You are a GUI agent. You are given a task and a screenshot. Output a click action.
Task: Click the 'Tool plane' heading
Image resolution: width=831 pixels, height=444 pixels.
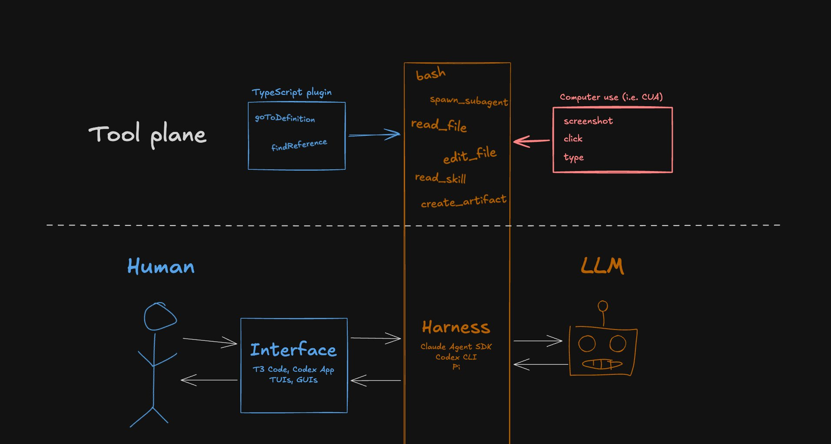147,134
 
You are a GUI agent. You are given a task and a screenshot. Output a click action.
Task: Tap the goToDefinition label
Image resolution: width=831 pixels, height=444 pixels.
285,118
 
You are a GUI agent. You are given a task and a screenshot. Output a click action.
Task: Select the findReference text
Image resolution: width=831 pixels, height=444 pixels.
299,145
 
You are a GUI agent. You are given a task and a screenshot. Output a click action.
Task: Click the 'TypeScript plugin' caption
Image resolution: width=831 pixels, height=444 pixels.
292,92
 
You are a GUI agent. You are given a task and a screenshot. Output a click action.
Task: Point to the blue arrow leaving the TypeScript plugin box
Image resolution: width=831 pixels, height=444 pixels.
374,135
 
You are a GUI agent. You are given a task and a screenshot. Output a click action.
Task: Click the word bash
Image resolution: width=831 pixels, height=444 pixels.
431,74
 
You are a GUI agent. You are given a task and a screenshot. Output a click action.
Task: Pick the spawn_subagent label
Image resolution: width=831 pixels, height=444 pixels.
469,101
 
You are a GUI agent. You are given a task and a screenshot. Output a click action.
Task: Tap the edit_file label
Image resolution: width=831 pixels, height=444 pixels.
470,155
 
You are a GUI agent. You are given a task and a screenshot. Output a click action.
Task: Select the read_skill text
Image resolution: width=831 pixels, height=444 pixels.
440,178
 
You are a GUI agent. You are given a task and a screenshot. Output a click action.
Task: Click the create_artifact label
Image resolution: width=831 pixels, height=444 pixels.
464,201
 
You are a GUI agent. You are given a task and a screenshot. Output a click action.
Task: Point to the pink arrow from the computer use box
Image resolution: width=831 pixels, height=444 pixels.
532,141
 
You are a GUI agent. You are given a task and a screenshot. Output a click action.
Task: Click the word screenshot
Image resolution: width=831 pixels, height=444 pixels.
588,121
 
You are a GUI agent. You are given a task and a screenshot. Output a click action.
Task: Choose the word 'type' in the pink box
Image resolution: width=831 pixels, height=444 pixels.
574,157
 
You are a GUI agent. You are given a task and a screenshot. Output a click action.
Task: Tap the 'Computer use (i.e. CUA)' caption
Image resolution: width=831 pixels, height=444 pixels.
611,97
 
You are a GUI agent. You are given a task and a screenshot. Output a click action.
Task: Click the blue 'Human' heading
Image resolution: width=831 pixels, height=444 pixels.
161,266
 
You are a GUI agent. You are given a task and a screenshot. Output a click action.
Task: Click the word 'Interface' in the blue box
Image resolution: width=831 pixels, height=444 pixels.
293,350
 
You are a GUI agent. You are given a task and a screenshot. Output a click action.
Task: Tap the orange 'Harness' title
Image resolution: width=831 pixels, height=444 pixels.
456,327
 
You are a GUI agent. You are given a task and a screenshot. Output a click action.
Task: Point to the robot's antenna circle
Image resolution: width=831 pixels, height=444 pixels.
603,306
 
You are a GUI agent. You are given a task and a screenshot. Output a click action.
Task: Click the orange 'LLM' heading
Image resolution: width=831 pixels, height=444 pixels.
603,266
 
